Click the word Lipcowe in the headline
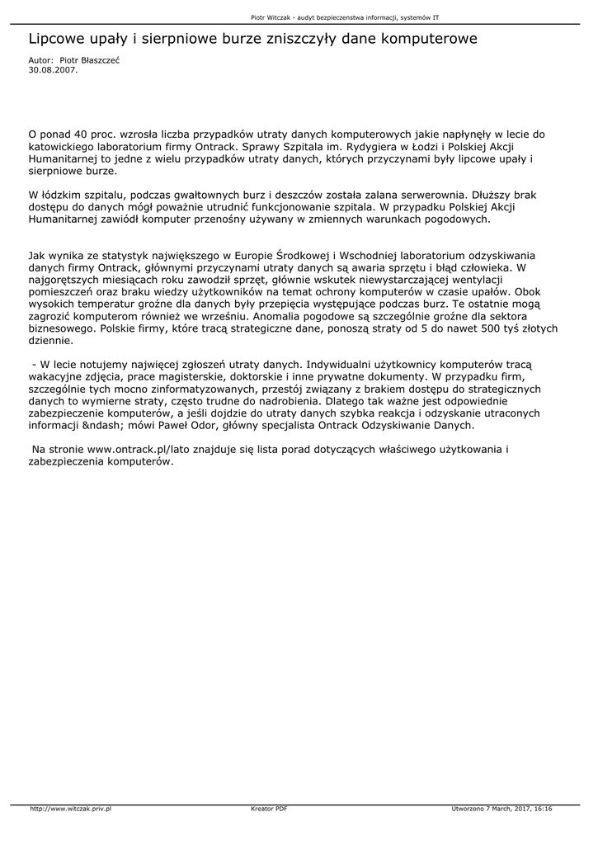click(59, 39)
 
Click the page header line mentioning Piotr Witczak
click(344, 17)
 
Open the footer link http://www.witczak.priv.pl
click(70, 809)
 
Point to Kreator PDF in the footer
click(269, 809)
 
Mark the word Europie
click(247, 255)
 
